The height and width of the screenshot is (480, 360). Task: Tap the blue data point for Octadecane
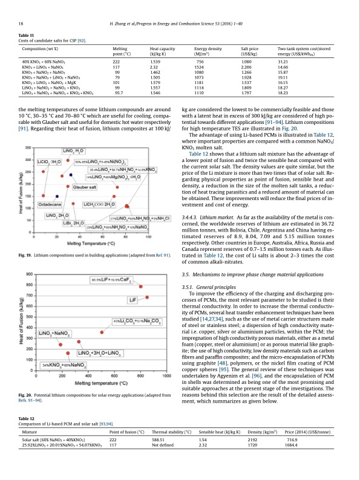(x=57, y=179)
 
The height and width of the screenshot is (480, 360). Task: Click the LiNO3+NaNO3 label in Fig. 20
(x=54, y=333)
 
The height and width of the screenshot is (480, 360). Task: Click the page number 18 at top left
(x=21, y=23)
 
